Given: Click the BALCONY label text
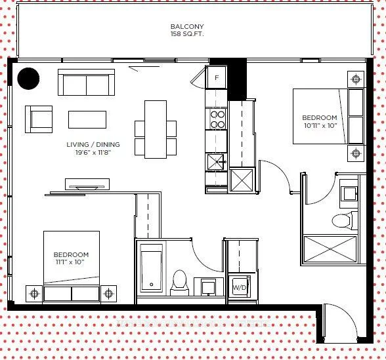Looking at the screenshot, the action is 187,26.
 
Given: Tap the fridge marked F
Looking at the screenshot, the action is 217,77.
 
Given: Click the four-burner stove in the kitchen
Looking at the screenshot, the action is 218,119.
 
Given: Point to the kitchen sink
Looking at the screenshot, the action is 217,162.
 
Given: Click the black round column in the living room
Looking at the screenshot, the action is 28,79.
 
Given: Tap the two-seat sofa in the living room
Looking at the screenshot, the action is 86,83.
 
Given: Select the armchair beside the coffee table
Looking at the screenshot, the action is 39,119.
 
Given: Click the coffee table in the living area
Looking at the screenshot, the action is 87,119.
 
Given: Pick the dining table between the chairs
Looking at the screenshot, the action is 156,129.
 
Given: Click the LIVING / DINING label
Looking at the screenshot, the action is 93,144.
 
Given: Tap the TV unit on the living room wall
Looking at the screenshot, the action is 87,184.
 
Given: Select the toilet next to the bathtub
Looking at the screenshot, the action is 179,283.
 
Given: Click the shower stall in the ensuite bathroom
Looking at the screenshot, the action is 330,249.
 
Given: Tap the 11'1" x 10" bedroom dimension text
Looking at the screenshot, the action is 70,262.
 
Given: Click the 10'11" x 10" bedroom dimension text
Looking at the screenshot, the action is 320,125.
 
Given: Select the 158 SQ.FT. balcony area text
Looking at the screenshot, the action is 187,34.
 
